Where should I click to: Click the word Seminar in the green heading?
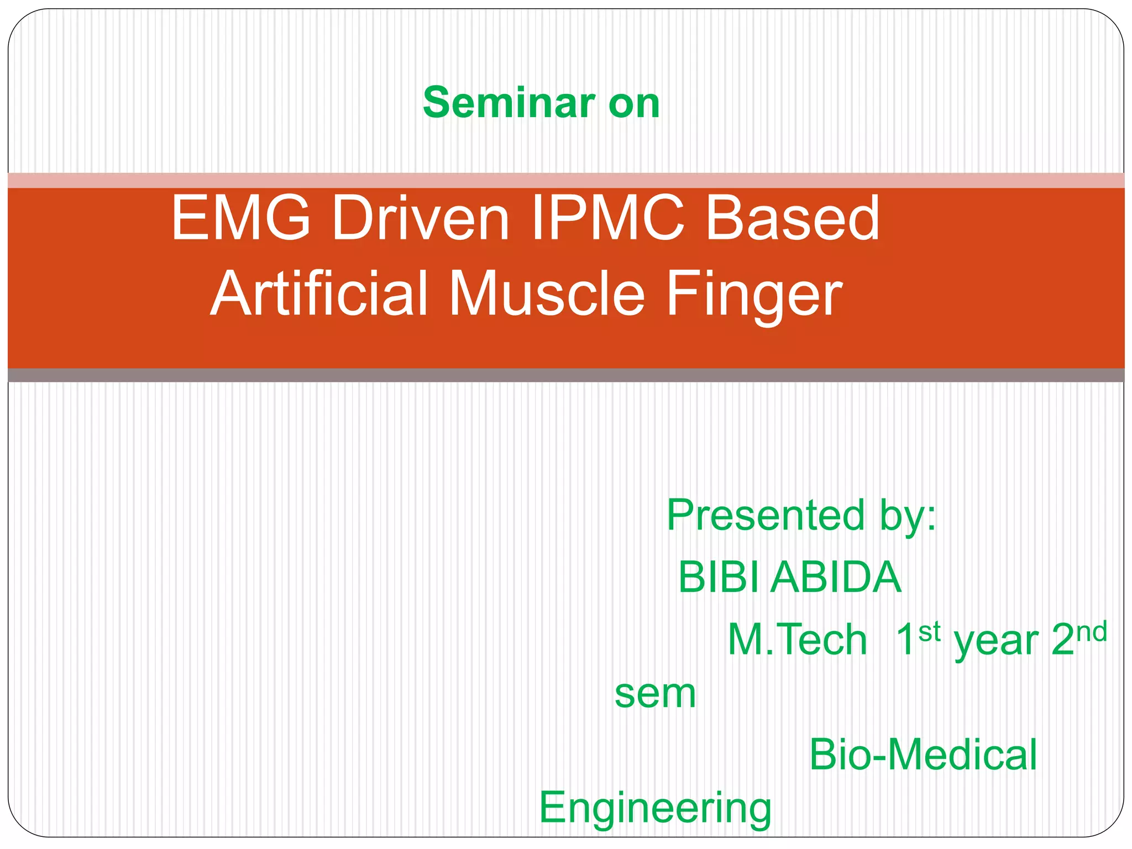pyautogui.click(x=508, y=103)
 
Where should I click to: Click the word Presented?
pyautogui.click(x=766, y=515)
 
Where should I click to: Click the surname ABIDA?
pyautogui.click(x=836, y=577)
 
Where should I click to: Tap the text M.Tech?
pyautogui.click(x=797, y=640)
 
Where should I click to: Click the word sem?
pyautogui.click(x=655, y=694)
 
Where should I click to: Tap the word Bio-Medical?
pyautogui.click(x=923, y=754)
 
